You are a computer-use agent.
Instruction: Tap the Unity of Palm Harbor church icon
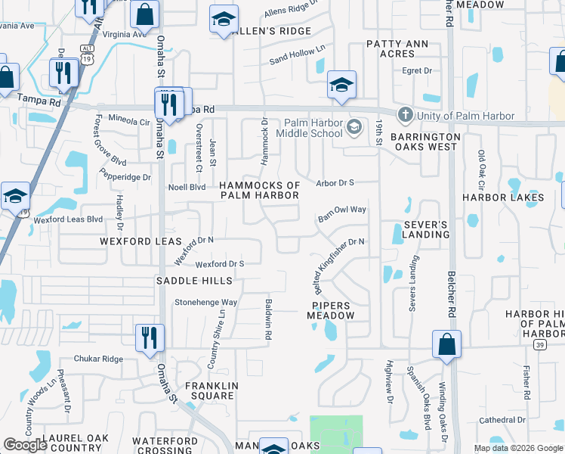tap(405, 116)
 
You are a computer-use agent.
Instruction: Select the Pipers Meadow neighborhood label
tap(330, 310)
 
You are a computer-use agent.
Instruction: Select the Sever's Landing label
tap(426, 229)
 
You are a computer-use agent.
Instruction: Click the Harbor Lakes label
tap(503, 197)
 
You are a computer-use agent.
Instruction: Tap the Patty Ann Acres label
tap(401, 49)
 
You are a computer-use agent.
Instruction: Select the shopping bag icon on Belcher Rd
tap(447, 344)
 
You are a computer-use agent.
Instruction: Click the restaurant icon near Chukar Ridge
tap(149, 337)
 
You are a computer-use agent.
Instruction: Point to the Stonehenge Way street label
tap(206, 302)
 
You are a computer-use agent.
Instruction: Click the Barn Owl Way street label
tap(342, 214)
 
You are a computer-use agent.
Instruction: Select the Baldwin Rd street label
tap(267, 318)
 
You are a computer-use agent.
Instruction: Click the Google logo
tap(25, 445)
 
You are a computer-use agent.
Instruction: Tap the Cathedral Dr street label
tap(502, 420)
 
